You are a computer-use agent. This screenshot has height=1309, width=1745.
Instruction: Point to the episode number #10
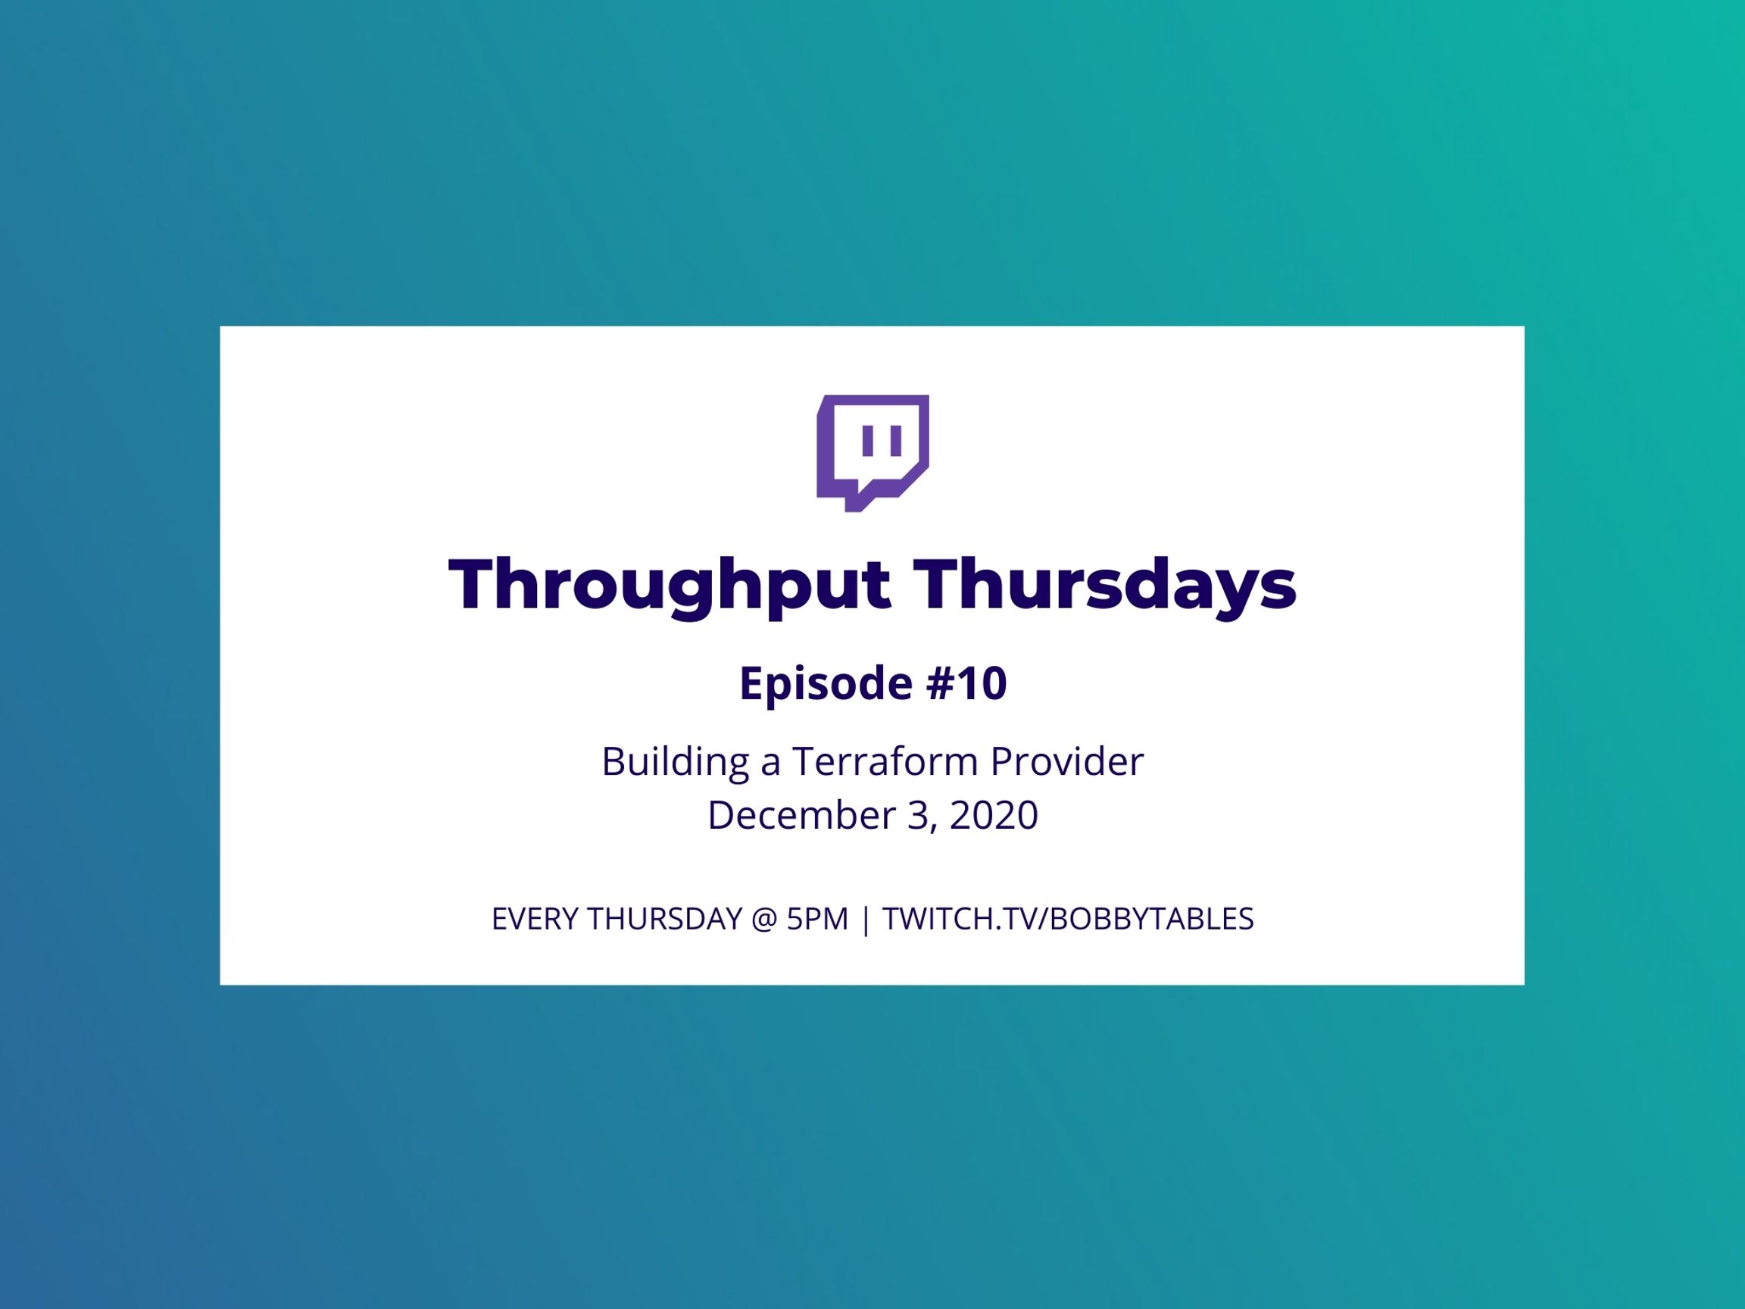click(x=966, y=683)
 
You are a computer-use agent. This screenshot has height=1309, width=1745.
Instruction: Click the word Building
click(x=676, y=762)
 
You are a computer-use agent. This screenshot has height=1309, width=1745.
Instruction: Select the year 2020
click(x=994, y=815)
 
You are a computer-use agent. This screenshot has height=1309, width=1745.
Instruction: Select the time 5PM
click(x=817, y=919)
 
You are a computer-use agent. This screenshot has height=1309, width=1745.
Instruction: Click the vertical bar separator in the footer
click(x=866, y=920)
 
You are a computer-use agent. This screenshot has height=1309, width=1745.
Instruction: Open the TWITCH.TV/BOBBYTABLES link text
click(x=1068, y=919)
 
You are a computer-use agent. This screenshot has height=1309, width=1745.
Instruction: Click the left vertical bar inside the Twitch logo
click(x=868, y=441)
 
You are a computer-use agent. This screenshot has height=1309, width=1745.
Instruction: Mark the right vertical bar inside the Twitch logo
click(x=895, y=441)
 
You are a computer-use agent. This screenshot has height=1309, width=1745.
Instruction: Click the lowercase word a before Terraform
click(x=771, y=765)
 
